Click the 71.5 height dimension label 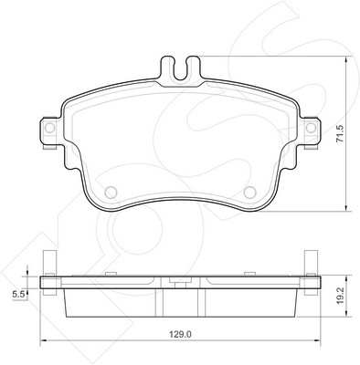click(x=339, y=133)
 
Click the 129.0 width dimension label click(x=180, y=334)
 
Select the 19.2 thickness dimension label click(x=340, y=296)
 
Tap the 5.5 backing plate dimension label click(x=18, y=294)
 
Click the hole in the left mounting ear click(x=49, y=128)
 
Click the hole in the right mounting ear click(x=311, y=128)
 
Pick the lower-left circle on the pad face click(x=111, y=192)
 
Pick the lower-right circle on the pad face click(x=250, y=192)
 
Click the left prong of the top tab click(x=167, y=67)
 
